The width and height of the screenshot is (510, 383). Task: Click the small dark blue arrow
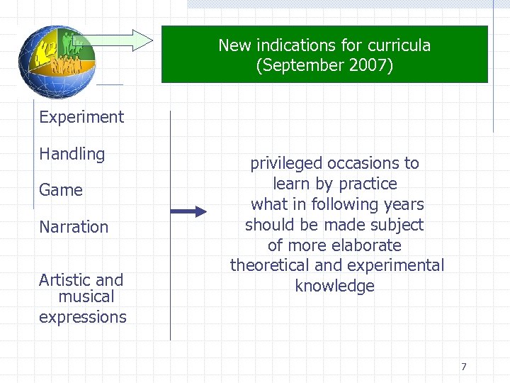(188, 211)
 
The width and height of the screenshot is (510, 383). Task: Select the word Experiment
(81, 117)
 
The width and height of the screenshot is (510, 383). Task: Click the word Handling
(72, 154)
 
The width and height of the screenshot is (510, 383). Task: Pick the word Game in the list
(61, 190)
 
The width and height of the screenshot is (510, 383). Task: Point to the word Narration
(74, 227)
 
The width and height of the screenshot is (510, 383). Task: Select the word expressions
(83, 317)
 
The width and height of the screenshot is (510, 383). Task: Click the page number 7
(464, 367)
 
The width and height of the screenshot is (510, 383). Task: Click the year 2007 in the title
(368, 66)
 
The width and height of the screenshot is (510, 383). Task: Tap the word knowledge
(334, 287)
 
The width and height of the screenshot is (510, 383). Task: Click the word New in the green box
(234, 45)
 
